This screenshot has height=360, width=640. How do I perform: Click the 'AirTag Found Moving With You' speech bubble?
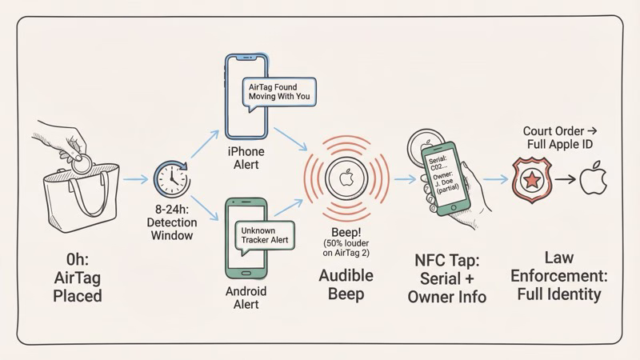(x=280, y=90)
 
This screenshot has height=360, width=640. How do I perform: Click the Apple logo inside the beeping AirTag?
(x=345, y=178)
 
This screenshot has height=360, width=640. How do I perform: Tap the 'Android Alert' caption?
(x=246, y=298)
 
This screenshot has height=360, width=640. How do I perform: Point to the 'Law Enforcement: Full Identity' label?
(x=558, y=277)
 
